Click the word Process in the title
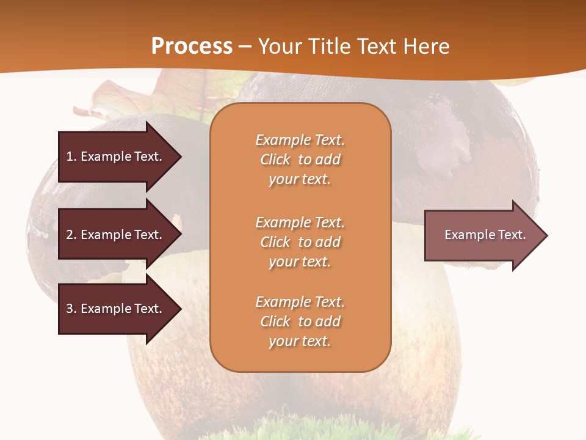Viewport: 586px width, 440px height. [192, 46]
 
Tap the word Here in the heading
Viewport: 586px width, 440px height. [425, 46]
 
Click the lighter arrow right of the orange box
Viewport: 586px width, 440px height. [482, 235]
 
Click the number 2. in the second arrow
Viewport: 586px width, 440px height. [71, 235]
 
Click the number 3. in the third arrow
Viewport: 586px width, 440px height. [71, 309]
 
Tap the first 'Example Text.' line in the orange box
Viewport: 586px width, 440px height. [300, 140]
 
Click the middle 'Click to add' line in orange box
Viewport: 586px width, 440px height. [300, 242]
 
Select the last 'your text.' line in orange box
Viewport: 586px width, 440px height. [300, 341]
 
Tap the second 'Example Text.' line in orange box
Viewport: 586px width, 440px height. [300, 222]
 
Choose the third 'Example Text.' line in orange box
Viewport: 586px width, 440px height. [300, 302]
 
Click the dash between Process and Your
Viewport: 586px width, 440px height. [245, 46]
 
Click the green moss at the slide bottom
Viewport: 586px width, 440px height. [342, 431]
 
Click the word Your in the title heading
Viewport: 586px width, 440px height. [280, 46]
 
